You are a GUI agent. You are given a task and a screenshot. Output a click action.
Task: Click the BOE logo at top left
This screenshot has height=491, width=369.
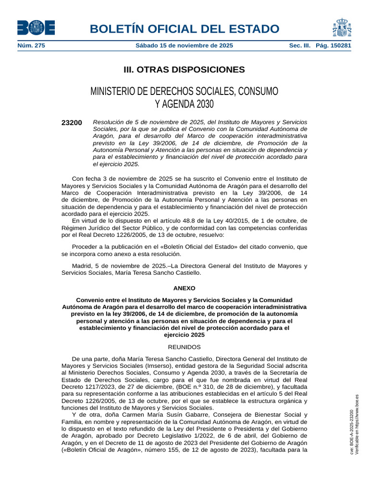point(36,27)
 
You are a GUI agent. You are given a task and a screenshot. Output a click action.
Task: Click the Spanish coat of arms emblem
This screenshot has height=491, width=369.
point(341,27)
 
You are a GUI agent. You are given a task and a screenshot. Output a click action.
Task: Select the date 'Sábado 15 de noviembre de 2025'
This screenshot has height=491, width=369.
point(184,46)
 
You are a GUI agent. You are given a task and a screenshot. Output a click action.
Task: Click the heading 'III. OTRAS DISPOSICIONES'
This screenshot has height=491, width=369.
point(184,70)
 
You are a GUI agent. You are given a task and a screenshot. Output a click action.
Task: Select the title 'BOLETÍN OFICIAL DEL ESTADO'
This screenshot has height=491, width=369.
point(184,29)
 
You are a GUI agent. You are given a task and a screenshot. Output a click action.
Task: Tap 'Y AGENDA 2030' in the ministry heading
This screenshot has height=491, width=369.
point(184,104)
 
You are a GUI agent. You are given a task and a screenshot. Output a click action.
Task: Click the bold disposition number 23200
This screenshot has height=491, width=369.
point(72,123)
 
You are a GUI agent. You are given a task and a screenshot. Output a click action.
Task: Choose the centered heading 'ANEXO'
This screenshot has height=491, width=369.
point(184,288)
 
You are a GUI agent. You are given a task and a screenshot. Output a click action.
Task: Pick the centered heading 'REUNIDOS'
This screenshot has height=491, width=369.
point(184,347)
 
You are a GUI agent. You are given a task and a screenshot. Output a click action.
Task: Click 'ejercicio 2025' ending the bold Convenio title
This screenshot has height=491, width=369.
point(184,335)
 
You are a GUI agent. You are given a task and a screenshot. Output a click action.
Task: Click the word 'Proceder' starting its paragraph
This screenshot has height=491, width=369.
point(85,246)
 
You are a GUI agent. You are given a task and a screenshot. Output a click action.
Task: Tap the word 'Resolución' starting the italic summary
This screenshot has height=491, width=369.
point(109,122)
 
